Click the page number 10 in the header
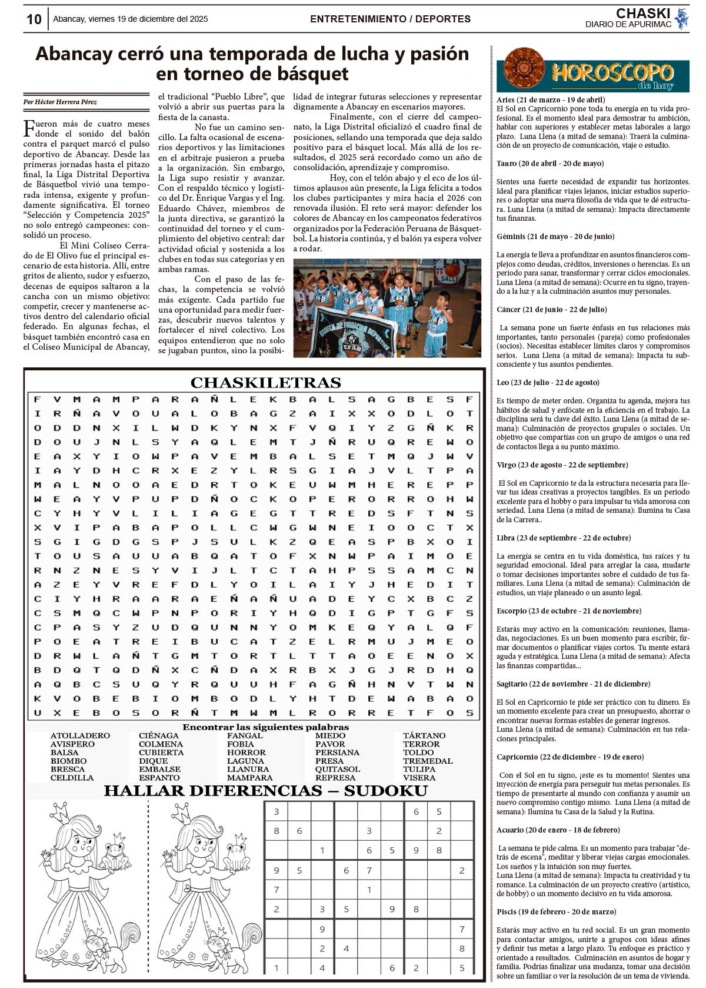pos(34,19)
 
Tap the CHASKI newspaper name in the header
pos(642,14)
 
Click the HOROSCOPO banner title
pos(612,73)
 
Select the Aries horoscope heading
pos(550,100)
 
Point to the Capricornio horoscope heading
pos(570,757)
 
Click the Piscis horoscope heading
pos(556,912)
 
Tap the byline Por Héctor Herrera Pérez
pos(61,102)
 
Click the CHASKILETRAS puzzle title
pos(265,383)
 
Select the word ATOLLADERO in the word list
pos(80,735)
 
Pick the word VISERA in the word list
pos(419,778)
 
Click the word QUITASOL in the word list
pos(337,769)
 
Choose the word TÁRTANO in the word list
pos(424,735)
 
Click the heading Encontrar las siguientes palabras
pos(265,727)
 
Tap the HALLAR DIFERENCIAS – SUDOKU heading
pos(265,791)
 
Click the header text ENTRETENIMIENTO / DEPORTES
pos(390,19)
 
